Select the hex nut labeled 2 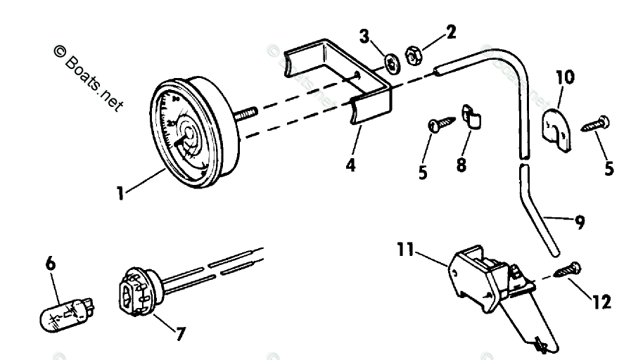click(414, 55)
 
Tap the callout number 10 click(564, 77)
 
